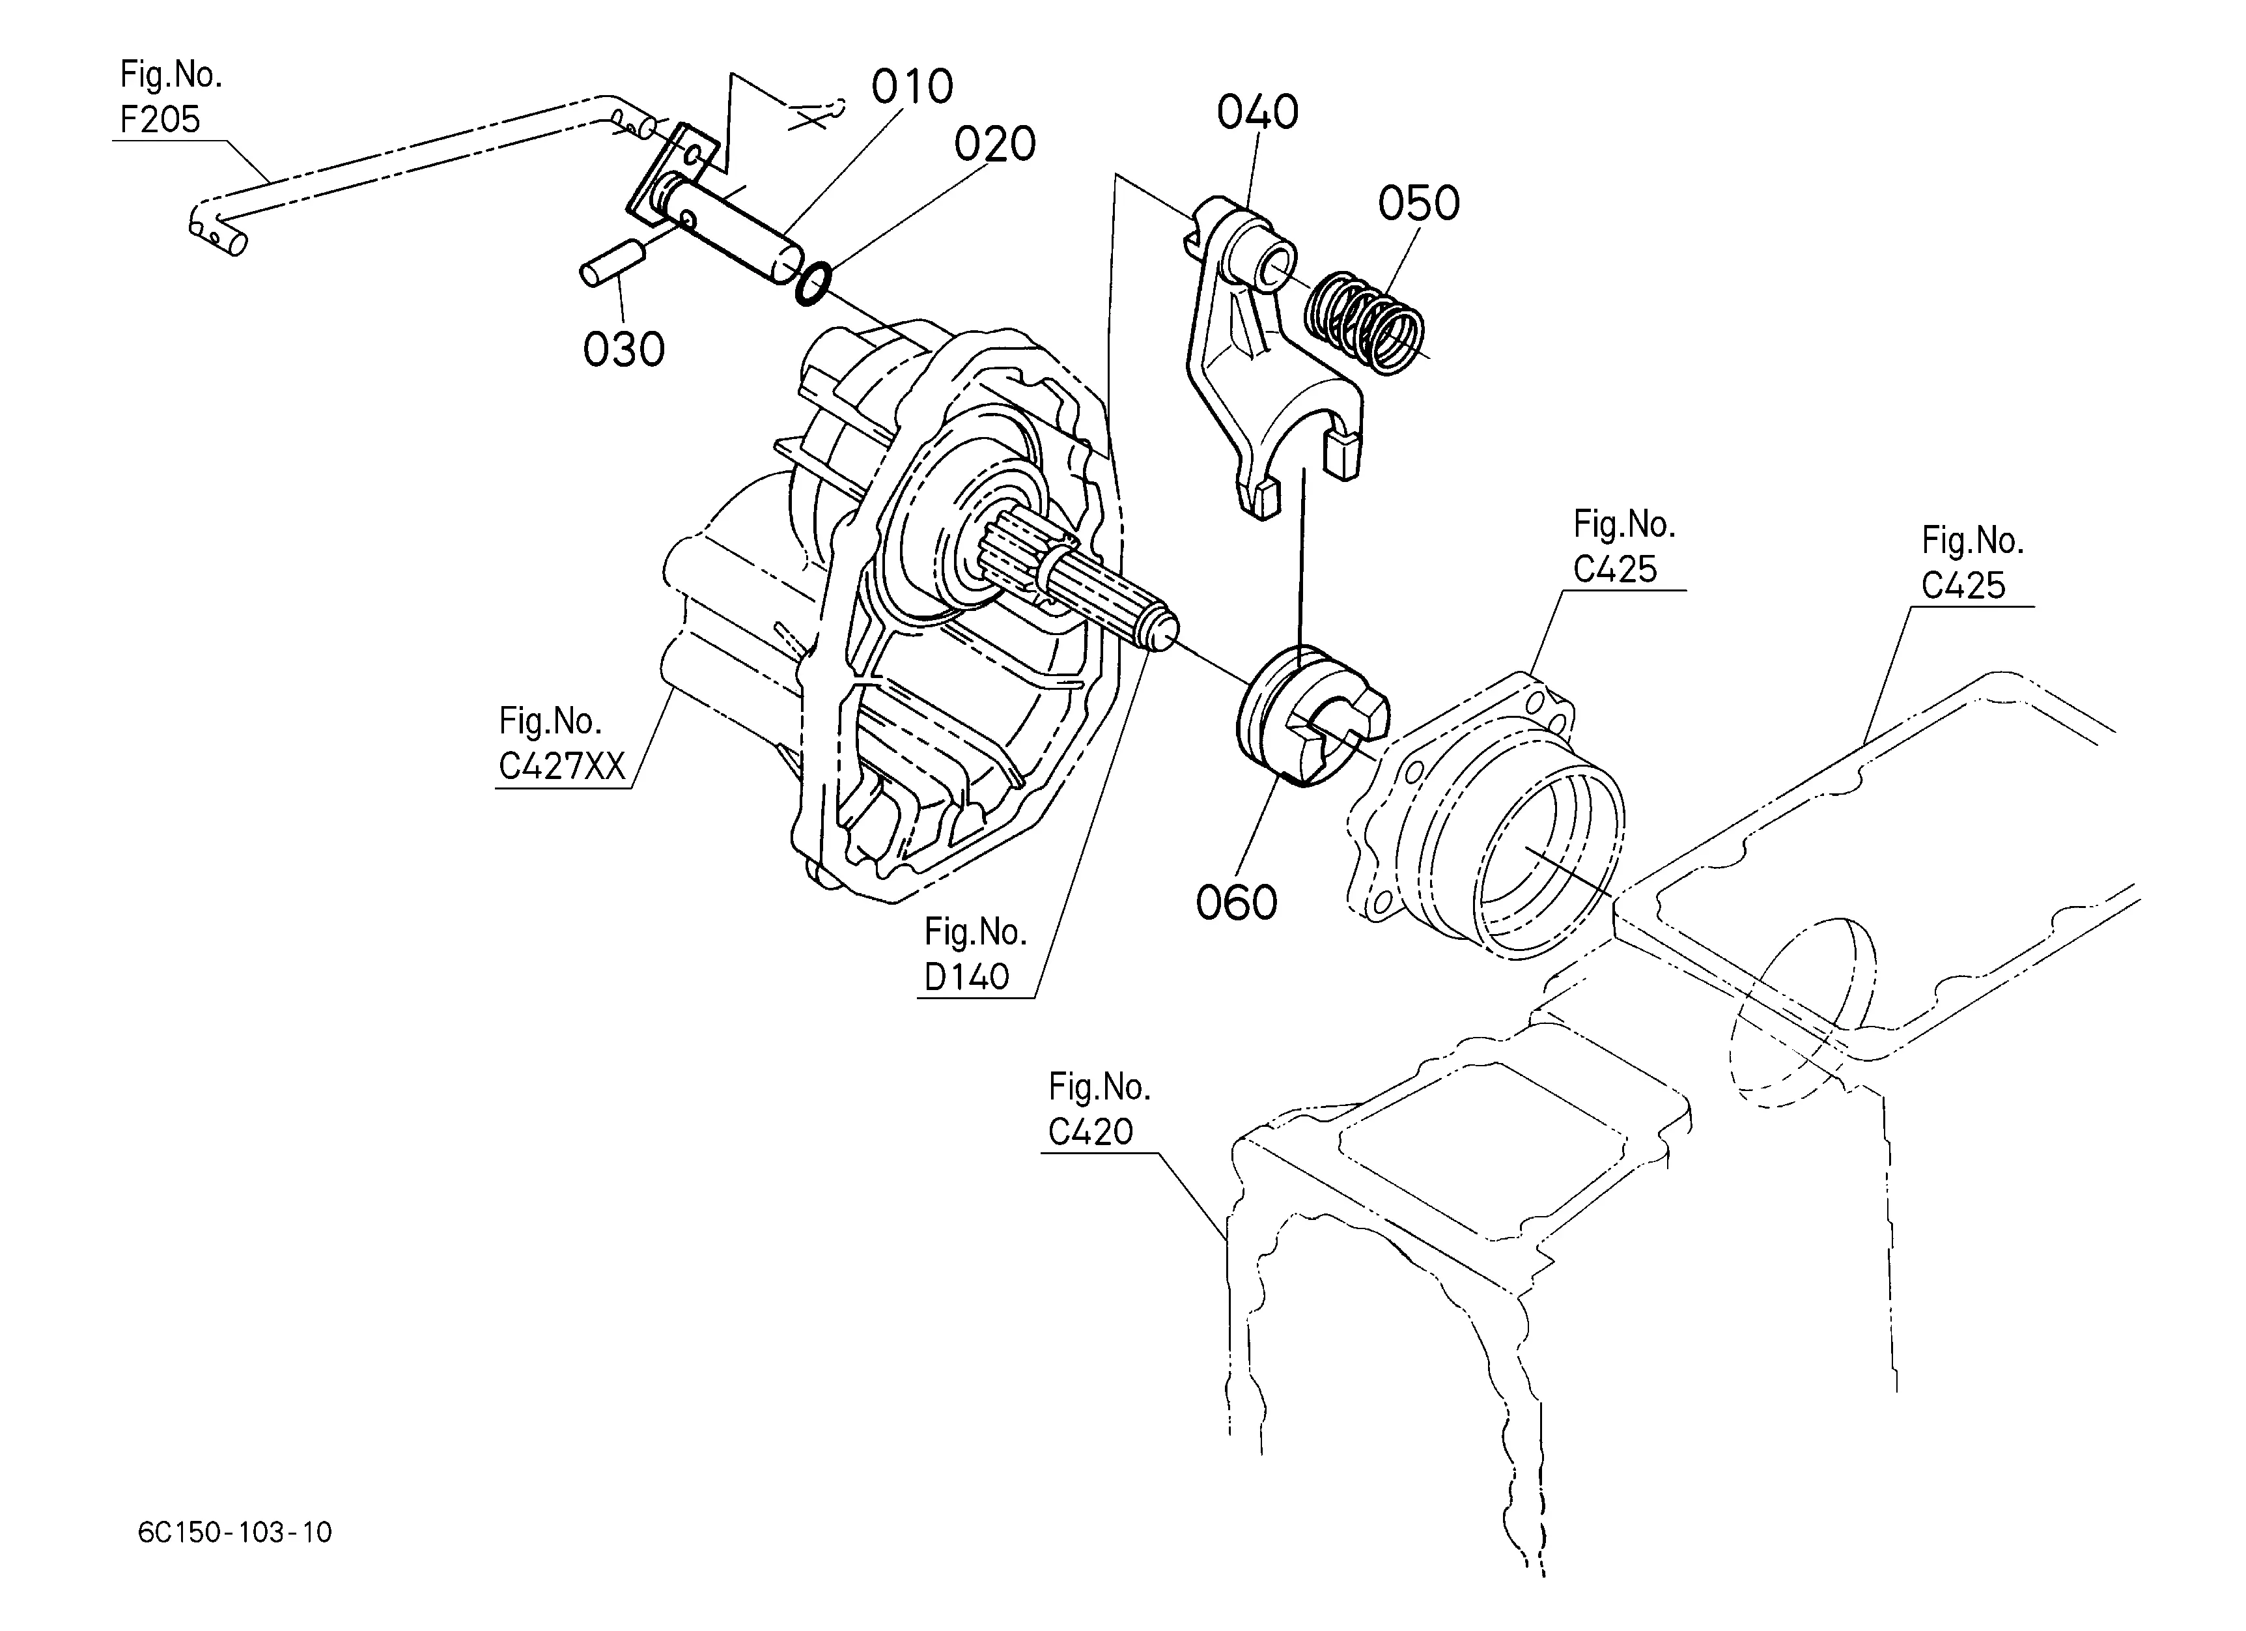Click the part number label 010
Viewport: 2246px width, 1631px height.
(912, 87)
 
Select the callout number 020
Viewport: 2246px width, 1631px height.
(994, 145)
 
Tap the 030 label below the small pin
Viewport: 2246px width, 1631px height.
(624, 350)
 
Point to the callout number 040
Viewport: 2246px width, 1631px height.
(1257, 113)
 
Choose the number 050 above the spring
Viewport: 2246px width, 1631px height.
(1419, 203)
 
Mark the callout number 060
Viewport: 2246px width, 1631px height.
(1237, 902)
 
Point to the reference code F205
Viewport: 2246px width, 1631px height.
(160, 119)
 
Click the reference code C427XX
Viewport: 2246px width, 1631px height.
(561, 765)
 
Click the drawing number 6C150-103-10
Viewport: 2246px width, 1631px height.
(234, 1533)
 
